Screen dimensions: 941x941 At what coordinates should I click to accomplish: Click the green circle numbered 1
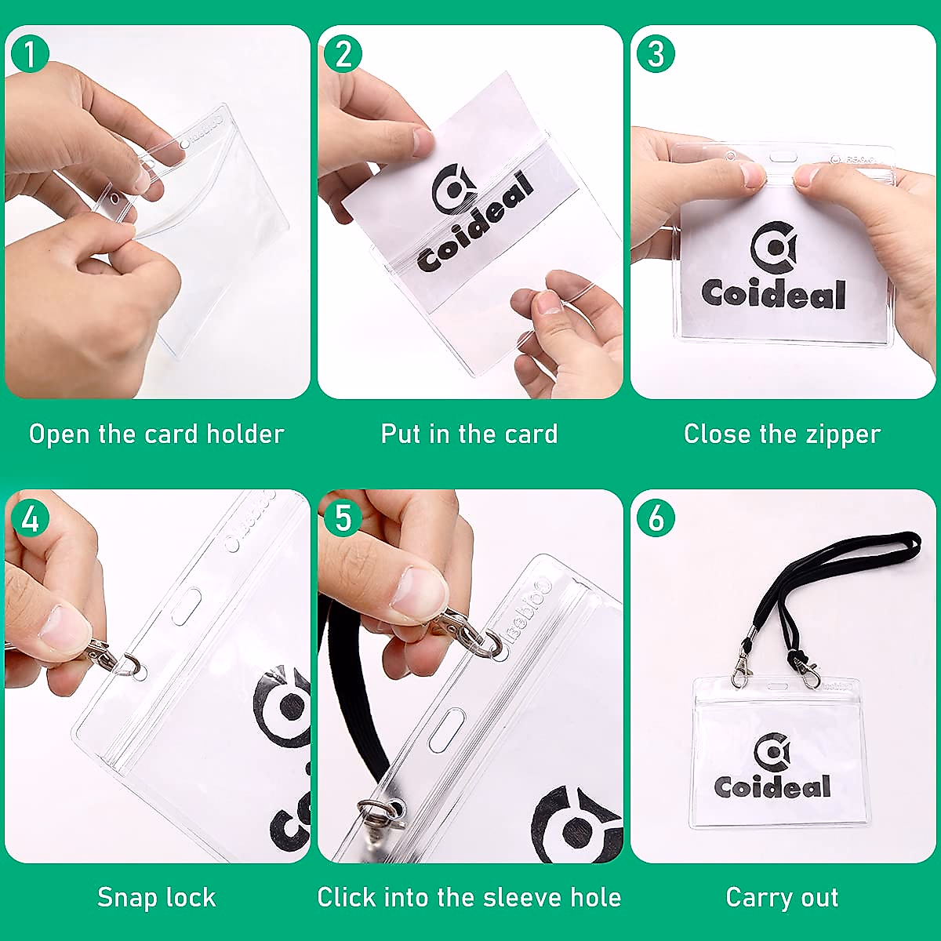[30, 54]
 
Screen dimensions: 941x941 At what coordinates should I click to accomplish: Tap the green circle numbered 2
[343, 54]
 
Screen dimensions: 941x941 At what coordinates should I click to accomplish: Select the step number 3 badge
[656, 54]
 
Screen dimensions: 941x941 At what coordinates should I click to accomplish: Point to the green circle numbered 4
[30, 518]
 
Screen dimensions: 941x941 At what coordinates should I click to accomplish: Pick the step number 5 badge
[343, 518]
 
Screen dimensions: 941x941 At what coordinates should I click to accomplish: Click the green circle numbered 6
[656, 518]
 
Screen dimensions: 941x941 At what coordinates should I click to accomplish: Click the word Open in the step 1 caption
[60, 434]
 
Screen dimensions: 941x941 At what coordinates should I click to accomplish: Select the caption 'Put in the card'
[469, 434]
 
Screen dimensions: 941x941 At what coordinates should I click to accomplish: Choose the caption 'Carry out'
[782, 897]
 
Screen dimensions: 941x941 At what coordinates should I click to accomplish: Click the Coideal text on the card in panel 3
[773, 293]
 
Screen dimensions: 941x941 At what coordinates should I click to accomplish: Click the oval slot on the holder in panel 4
[187, 607]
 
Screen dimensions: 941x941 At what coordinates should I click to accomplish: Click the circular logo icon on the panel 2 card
[453, 189]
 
